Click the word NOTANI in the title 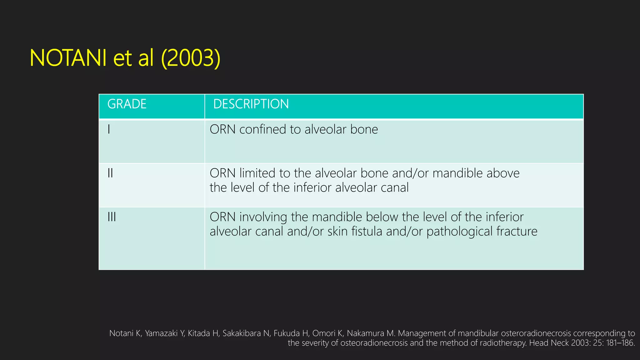click(68, 58)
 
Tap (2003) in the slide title click(191, 58)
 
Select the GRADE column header click(127, 104)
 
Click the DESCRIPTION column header click(251, 104)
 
